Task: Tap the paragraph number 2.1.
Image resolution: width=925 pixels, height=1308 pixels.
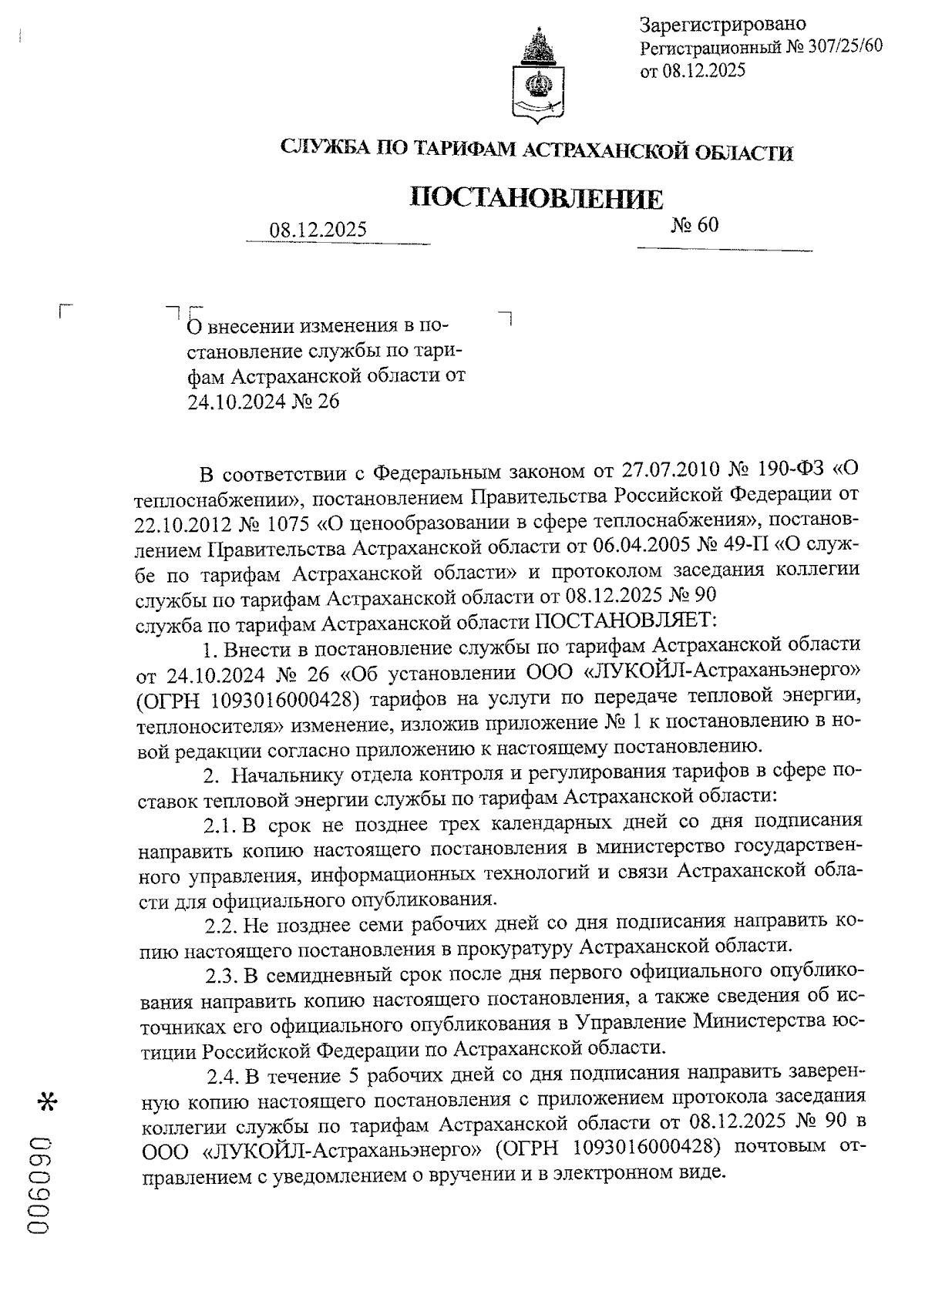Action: pos(219,824)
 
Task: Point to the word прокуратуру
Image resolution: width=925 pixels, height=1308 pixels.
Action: pos(510,945)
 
